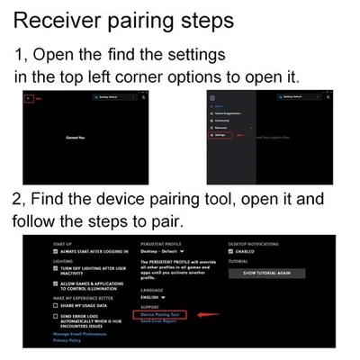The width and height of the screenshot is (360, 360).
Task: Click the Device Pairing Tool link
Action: click(x=158, y=314)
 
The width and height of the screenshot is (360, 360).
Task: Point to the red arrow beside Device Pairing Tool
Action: click(x=207, y=314)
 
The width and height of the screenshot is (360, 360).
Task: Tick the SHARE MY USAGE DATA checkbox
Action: click(x=58, y=305)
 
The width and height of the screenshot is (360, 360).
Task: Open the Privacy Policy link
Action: click(x=68, y=340)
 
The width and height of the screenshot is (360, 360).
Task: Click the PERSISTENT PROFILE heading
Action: click(x=163, y=244)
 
